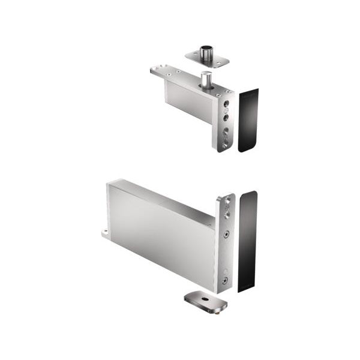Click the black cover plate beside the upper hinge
coord(248,120)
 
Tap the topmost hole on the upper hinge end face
coord(226,103)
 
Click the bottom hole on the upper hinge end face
coord(224,143)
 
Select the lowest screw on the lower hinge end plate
coord(224,280)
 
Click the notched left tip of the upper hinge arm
coord(155,71)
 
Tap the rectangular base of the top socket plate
coord(207,59)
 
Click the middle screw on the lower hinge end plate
coord(226,235)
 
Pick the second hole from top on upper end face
coord(226,111)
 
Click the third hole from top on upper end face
coord(226,128)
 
